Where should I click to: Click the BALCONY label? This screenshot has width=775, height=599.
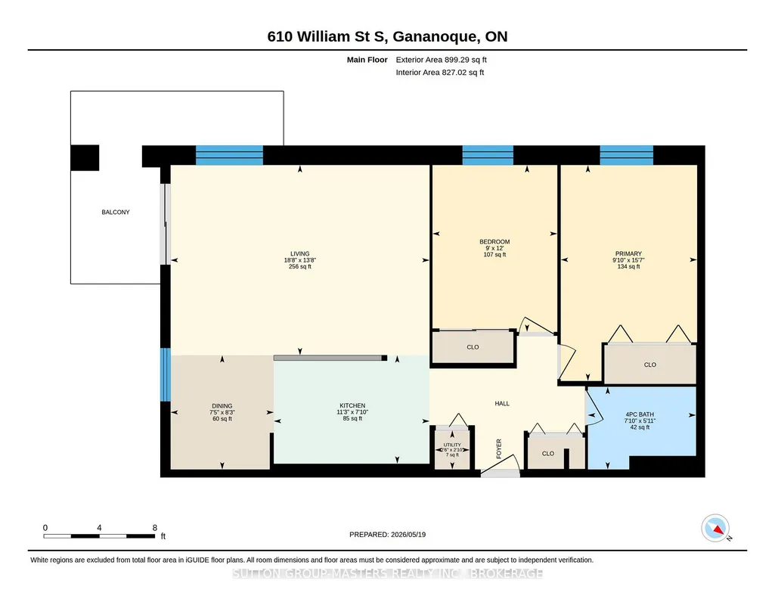[116, 212]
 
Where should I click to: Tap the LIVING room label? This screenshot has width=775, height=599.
[300, 253]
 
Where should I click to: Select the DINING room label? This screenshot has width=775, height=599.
[222, 405]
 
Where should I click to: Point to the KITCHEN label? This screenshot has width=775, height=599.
[352, 405]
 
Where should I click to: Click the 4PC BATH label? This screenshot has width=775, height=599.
[640, 414]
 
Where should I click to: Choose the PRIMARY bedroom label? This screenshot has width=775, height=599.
[628, 253]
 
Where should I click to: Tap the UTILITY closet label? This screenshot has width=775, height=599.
[451, 445]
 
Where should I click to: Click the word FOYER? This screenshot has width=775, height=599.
[499, 448]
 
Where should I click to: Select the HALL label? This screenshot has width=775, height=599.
[502, 403]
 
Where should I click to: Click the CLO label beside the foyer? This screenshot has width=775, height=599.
[547, 453]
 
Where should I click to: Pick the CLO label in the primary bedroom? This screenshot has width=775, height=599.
[650, 365]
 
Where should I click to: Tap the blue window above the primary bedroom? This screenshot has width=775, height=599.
[627, 155]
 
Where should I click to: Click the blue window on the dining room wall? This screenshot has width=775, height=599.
[166, 374]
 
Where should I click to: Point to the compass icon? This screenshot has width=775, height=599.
[715, 529]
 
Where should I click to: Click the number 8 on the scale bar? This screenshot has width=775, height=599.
[155, 527]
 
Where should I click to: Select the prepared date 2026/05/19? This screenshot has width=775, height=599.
[408, 534]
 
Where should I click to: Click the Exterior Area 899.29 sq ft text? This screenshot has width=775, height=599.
[442, 60]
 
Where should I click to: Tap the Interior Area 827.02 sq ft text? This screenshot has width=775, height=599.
[440, 72]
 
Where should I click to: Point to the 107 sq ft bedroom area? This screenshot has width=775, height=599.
[494, 255]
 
